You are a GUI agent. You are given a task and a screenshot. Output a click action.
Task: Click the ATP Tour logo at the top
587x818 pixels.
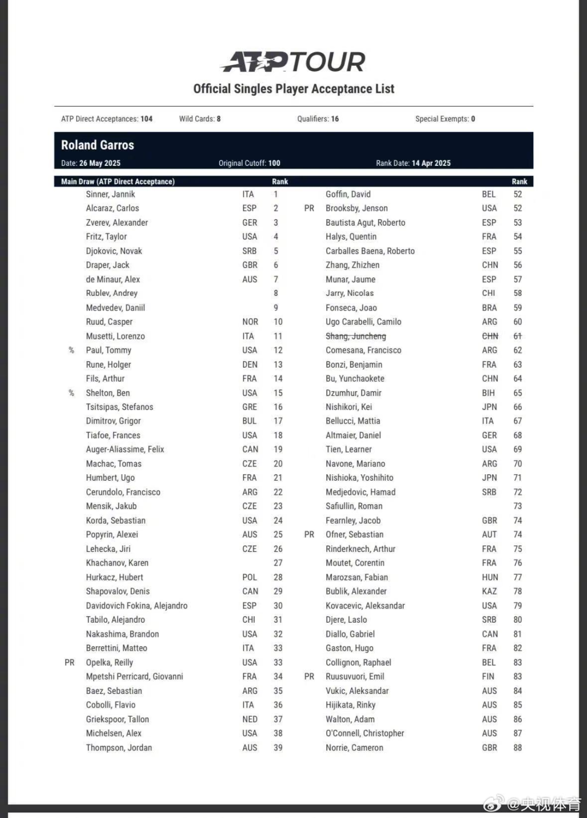pyautogui.click(x=293, y=62)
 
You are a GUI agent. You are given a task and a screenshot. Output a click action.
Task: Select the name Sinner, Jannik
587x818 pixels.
pyautogui.click(x=110, y=194)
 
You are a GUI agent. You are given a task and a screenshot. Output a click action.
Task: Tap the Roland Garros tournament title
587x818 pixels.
pyautogui.click(x=97, y=145)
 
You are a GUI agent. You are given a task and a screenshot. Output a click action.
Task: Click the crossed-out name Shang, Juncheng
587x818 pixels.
pyautogui.click(x=355, y=336)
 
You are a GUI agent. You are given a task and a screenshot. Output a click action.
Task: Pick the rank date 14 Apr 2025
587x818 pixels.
pyautogui.click(x=431, y=163)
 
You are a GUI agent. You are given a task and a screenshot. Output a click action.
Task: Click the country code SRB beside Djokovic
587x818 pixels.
pyautogui.click(x=249, y=251)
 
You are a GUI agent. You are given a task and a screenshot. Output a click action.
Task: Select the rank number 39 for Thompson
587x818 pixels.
pyautogui.click(x=278, y=747)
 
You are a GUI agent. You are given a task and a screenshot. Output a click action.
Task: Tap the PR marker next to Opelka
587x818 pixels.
pyautogui.click(x=70, y=662)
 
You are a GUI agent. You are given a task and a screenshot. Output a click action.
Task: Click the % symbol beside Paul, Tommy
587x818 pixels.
pyautogui.click(x=71, y=350)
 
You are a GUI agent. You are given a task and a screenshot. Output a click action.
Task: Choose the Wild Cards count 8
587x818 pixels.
pyautogui.click(x=218, y=119)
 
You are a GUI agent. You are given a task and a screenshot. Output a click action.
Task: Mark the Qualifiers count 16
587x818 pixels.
pyautogui.click(x=335, y=119)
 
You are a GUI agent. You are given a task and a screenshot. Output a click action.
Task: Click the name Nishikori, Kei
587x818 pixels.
pyautogui.click(x=348, y=407)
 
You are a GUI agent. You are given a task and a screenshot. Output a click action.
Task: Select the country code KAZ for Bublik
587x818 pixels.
pyautogui.click(x=489, y=591)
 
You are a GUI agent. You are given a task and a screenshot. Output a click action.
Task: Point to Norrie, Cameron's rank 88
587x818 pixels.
pyautogui.click(x=517, y=747)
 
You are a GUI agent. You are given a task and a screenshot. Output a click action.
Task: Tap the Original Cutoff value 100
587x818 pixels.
pyautogui.click(x=274, y=163)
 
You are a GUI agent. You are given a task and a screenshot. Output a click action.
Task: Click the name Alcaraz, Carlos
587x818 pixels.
pyautogui.click(x=112, y=208)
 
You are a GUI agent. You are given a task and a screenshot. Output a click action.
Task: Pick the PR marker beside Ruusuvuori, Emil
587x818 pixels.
pyautogui.click(x=309, y=677)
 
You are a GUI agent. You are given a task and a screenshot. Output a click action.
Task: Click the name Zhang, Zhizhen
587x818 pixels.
pyautogui.click(x=352, y=265)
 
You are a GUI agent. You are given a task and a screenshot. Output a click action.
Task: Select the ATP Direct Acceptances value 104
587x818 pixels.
pyautogui.click(x=146, y=119)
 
